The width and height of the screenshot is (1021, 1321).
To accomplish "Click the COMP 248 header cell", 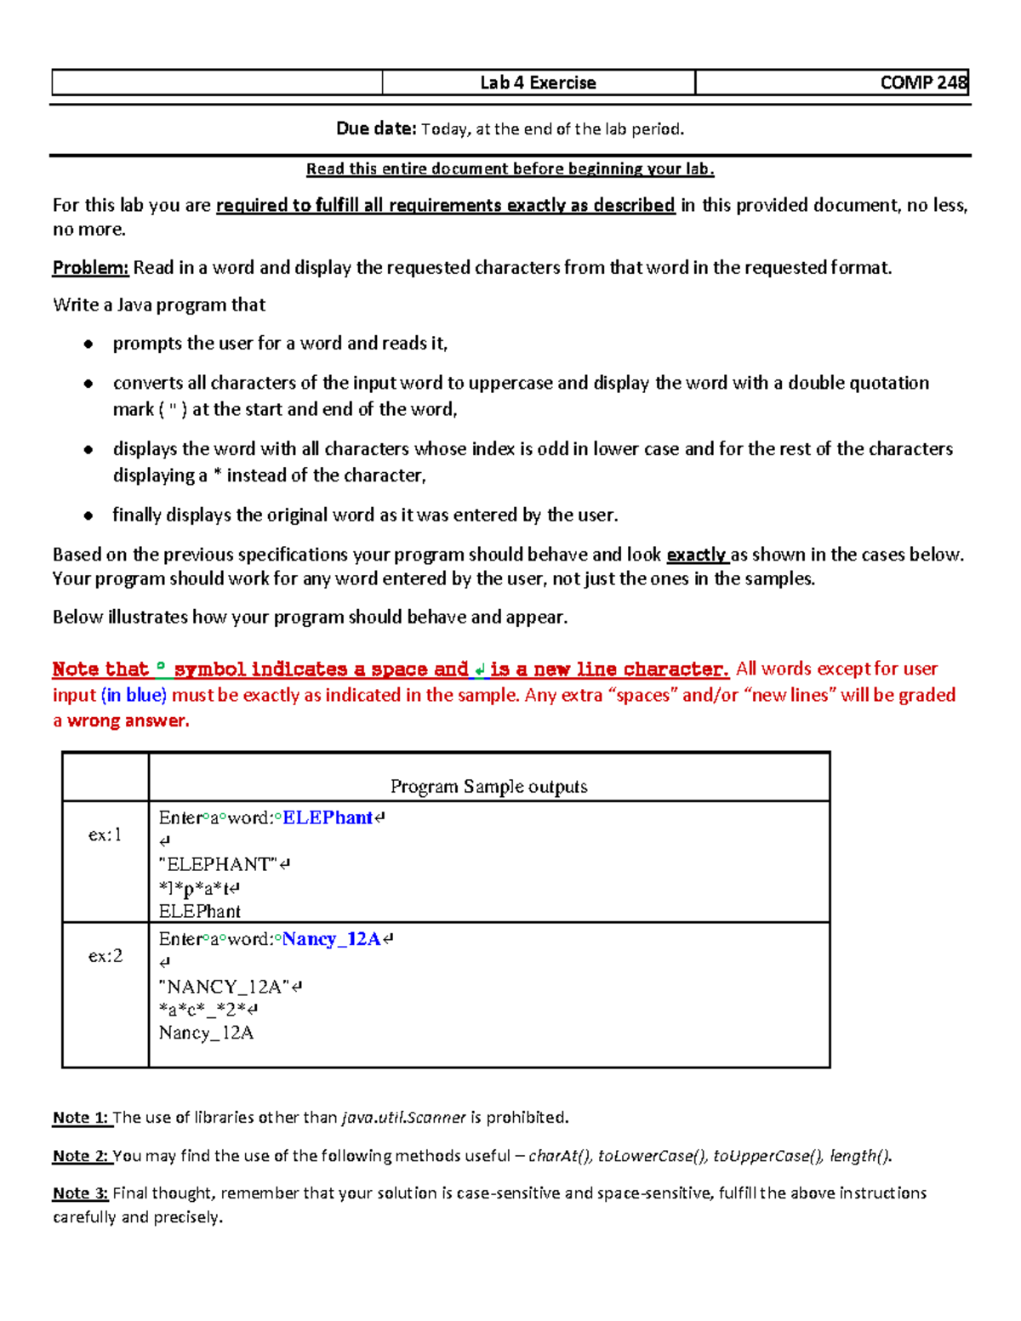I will (922, 83).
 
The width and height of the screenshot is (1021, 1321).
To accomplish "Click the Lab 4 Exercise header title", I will (538, 83).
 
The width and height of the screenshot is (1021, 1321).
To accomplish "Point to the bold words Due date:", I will (375, 128).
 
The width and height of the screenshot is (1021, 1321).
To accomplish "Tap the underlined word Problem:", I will (90, 268).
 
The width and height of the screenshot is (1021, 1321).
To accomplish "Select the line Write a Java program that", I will (159, 305).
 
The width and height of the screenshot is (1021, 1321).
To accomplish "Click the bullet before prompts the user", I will (88, 344).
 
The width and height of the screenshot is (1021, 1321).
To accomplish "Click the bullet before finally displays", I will (88, 515).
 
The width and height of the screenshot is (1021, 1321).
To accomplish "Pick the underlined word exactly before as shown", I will (696, 555).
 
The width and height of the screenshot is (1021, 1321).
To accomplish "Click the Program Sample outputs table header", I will (488, 786).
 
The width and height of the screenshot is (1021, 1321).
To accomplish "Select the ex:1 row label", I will (105, 834).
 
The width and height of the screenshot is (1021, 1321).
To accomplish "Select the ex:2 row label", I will (105, 956).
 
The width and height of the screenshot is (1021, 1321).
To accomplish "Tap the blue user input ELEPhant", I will (328, 817).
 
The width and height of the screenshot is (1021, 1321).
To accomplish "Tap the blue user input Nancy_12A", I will (332, 939).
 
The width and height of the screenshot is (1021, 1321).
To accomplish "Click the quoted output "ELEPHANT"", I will (219, 864).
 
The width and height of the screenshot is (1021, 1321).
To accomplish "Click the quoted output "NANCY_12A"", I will (225, 987).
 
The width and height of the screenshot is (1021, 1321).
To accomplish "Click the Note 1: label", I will (81, 1117).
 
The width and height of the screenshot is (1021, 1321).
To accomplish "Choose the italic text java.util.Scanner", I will (403, 1117).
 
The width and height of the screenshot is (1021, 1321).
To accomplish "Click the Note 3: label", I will (81, 1193).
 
